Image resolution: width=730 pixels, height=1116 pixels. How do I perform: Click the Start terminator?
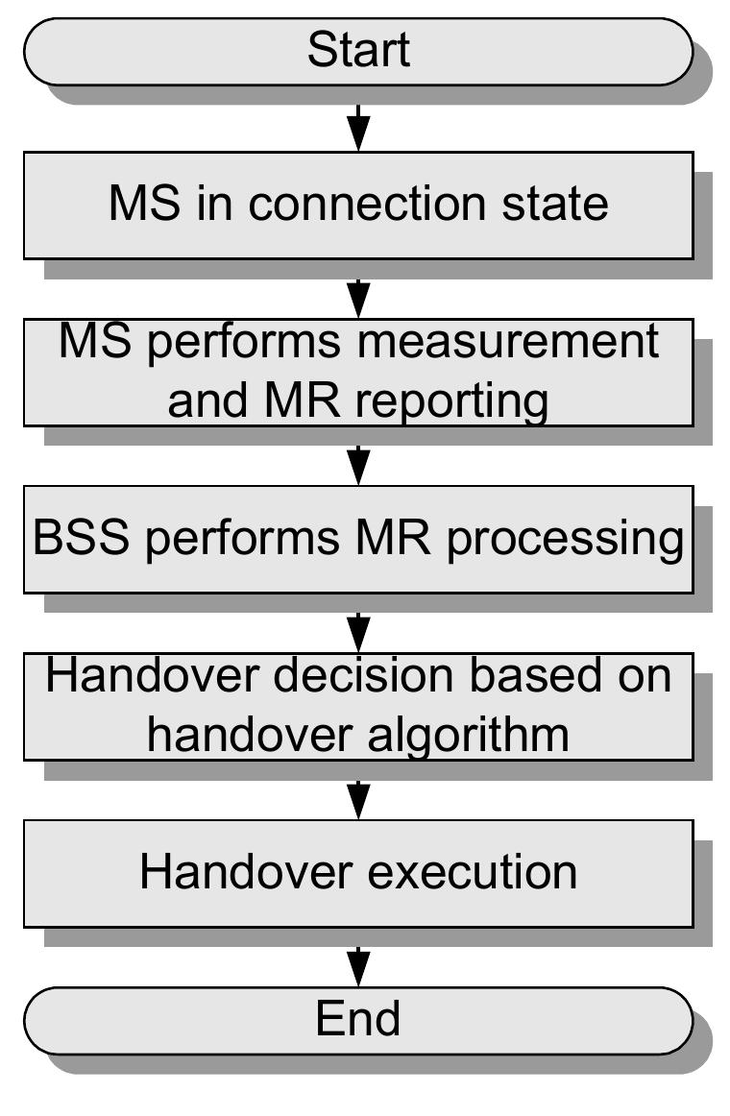click(x=357, y=51)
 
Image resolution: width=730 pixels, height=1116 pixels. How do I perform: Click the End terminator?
click(x=357, y=1019)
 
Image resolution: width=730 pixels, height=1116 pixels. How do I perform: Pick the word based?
click(x=538, y=676)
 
